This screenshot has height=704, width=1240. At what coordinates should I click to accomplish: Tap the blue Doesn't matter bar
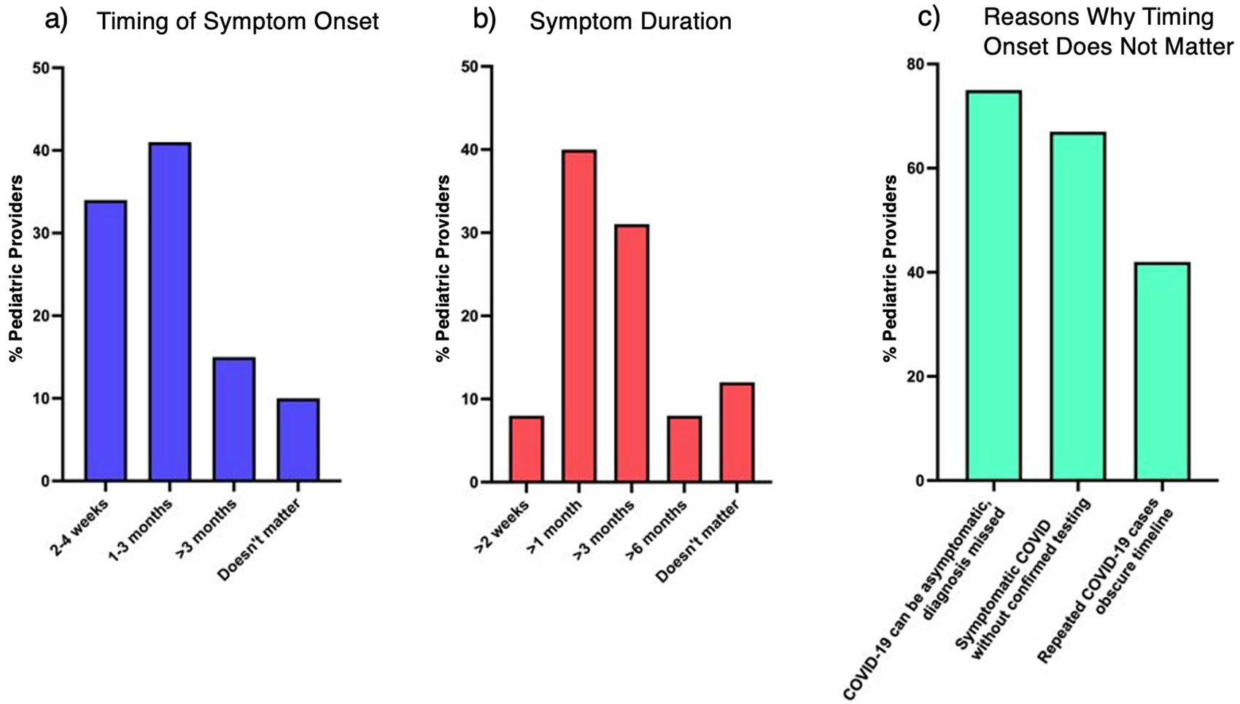298,440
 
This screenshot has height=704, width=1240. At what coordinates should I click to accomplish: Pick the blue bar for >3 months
233,420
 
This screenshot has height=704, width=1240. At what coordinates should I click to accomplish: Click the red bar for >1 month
579,316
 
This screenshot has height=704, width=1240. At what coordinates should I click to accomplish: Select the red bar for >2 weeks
526,450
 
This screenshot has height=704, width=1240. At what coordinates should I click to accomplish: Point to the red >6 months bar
684,450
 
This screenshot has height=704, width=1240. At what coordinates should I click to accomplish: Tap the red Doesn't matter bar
737,433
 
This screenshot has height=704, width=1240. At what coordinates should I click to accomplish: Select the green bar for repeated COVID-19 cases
1162,372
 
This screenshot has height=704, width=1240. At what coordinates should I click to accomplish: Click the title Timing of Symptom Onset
238,21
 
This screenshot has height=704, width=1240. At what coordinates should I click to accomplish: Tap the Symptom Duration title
630,21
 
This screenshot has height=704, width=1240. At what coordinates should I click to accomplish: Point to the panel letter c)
928,17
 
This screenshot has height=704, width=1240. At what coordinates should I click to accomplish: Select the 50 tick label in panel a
41,69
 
